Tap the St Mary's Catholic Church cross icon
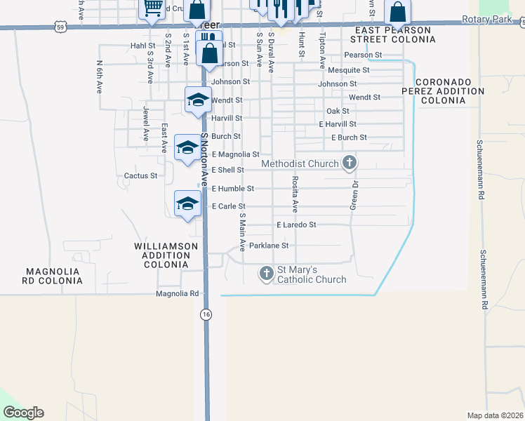click(266, 273)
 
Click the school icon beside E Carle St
click(187, 203)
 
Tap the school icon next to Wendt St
click(199, 100)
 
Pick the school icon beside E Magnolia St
click(187, 147)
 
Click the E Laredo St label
click(296, 225)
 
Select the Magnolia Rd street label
click(178, 294)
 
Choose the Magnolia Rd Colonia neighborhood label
click(54, 276)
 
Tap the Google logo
click(23, 413)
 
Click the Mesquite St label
click(349, 70)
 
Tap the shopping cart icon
click(153, 8)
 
